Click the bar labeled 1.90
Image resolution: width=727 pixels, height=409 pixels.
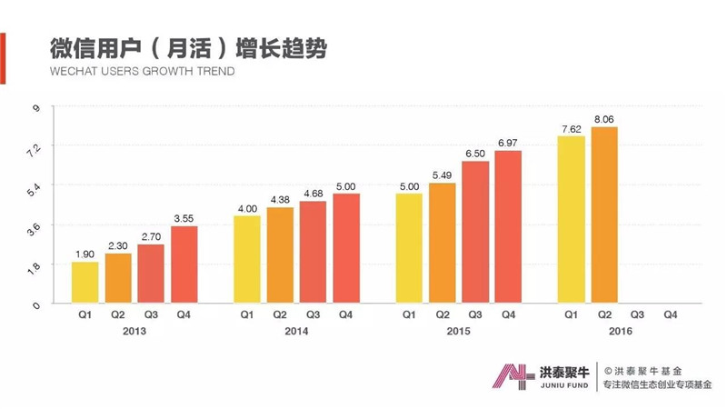click(85, 282)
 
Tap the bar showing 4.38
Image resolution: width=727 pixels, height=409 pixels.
click(280, 254)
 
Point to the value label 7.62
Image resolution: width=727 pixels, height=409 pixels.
click(572, 130)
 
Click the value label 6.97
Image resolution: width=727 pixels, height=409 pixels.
click(508, 144)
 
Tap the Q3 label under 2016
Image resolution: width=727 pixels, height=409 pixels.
click(638, 314)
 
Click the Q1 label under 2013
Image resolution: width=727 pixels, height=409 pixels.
click(85, 314)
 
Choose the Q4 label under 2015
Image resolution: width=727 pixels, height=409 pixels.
click(508, 314)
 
